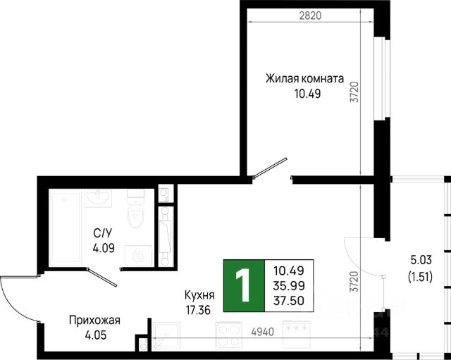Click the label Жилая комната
304,78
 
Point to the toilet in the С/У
135,209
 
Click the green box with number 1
242,285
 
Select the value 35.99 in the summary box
289,285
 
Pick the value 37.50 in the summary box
289,299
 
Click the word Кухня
200,295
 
